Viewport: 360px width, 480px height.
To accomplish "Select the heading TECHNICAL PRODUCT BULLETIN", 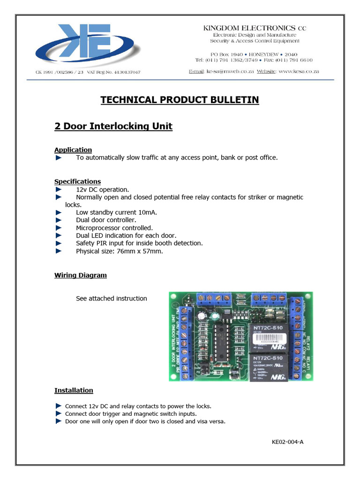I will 180,100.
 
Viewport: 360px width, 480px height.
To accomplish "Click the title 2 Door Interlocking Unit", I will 113,126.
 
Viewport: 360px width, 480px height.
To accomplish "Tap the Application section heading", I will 73,150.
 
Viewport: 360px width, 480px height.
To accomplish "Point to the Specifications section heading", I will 77,181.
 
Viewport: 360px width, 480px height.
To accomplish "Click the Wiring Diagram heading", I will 80,275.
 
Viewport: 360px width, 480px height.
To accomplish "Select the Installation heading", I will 74,390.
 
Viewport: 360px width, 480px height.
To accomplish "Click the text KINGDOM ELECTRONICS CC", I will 254,28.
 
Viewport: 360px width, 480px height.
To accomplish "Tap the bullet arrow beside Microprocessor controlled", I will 59,228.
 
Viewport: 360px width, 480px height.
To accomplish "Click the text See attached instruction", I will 111,298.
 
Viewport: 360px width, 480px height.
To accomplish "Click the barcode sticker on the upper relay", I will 271,341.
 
